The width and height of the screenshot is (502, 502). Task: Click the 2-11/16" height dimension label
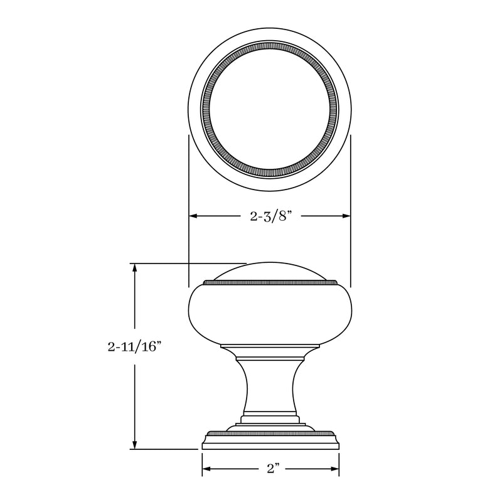point(134,346)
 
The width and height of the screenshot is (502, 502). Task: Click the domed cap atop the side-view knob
point(270,272)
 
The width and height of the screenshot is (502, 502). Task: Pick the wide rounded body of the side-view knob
point(270,314)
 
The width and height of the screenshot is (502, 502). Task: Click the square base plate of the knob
point(270,443)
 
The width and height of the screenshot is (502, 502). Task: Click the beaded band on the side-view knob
point(270,284)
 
